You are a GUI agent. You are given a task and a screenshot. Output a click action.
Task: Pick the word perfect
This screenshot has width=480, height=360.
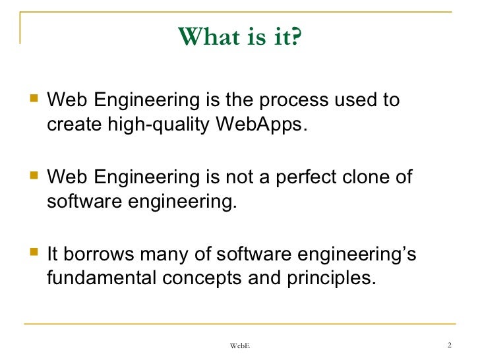(x=315, y=178)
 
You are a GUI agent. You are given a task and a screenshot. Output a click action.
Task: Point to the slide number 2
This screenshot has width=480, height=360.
(x=448, y=345)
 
